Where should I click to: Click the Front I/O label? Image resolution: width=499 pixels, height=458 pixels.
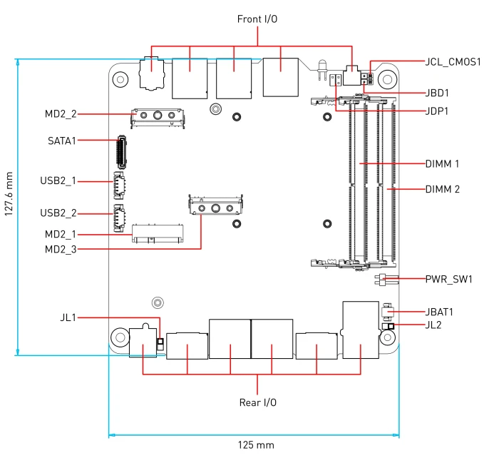coord(257,19)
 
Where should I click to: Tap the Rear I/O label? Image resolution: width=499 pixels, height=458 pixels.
coord(258,402)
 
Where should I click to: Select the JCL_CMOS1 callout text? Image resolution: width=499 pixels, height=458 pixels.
coord(453,62)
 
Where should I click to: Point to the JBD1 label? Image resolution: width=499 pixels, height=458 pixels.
coord(437,93)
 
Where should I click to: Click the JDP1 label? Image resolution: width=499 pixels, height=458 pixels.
coord(437,111)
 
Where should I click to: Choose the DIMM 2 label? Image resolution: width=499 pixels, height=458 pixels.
coord(443,189)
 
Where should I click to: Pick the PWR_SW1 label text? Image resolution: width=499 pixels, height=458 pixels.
coord(449,280)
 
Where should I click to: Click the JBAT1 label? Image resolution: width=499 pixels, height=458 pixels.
coord(439,312)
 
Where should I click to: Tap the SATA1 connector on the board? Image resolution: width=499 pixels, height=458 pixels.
coord(121,152)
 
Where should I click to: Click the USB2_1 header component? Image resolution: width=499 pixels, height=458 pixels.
coord(119,185)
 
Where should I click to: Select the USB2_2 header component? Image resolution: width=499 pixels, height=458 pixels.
coord(119,218)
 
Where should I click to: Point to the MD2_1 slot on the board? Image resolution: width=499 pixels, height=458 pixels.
coord(158,233)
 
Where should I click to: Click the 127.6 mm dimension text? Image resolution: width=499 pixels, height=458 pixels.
coord(9,194)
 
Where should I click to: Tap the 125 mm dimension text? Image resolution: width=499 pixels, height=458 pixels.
coord(256,445)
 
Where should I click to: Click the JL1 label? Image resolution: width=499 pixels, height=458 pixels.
coord(68,317)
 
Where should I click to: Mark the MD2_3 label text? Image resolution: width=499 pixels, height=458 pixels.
coord(61,249)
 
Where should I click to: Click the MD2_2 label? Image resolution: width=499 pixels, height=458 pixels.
coord(61,113)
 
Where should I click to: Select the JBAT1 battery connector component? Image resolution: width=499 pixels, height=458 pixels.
coord(387,312)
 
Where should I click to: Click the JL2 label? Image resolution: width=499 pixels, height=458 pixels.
coord(433,325)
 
